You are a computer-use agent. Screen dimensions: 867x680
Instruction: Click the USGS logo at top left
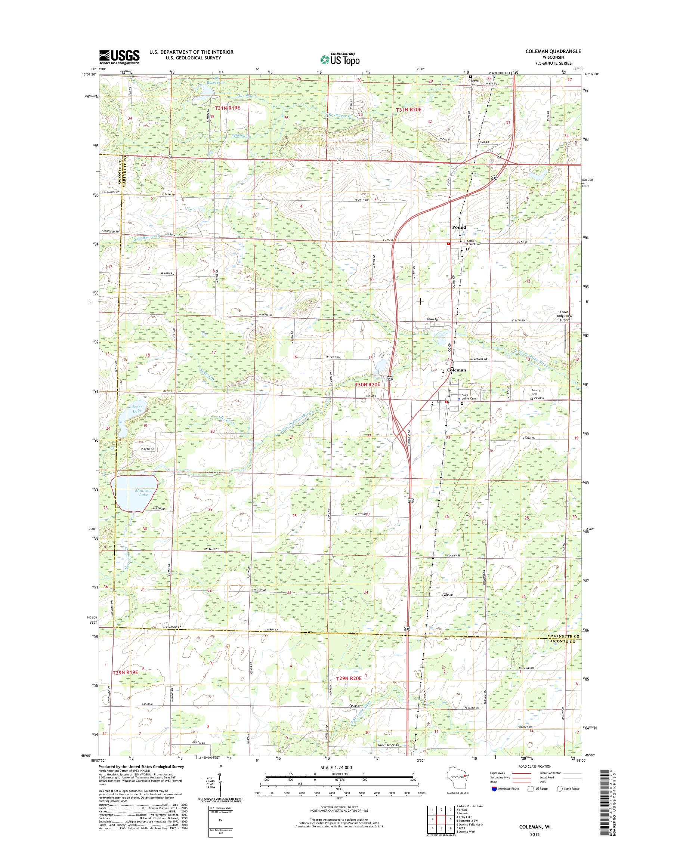point(119,56)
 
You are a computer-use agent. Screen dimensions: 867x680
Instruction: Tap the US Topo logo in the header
point(340,59)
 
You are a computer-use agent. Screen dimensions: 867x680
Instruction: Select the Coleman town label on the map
point(456,370)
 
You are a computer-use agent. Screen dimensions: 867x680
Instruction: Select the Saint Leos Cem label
point(473,243)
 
